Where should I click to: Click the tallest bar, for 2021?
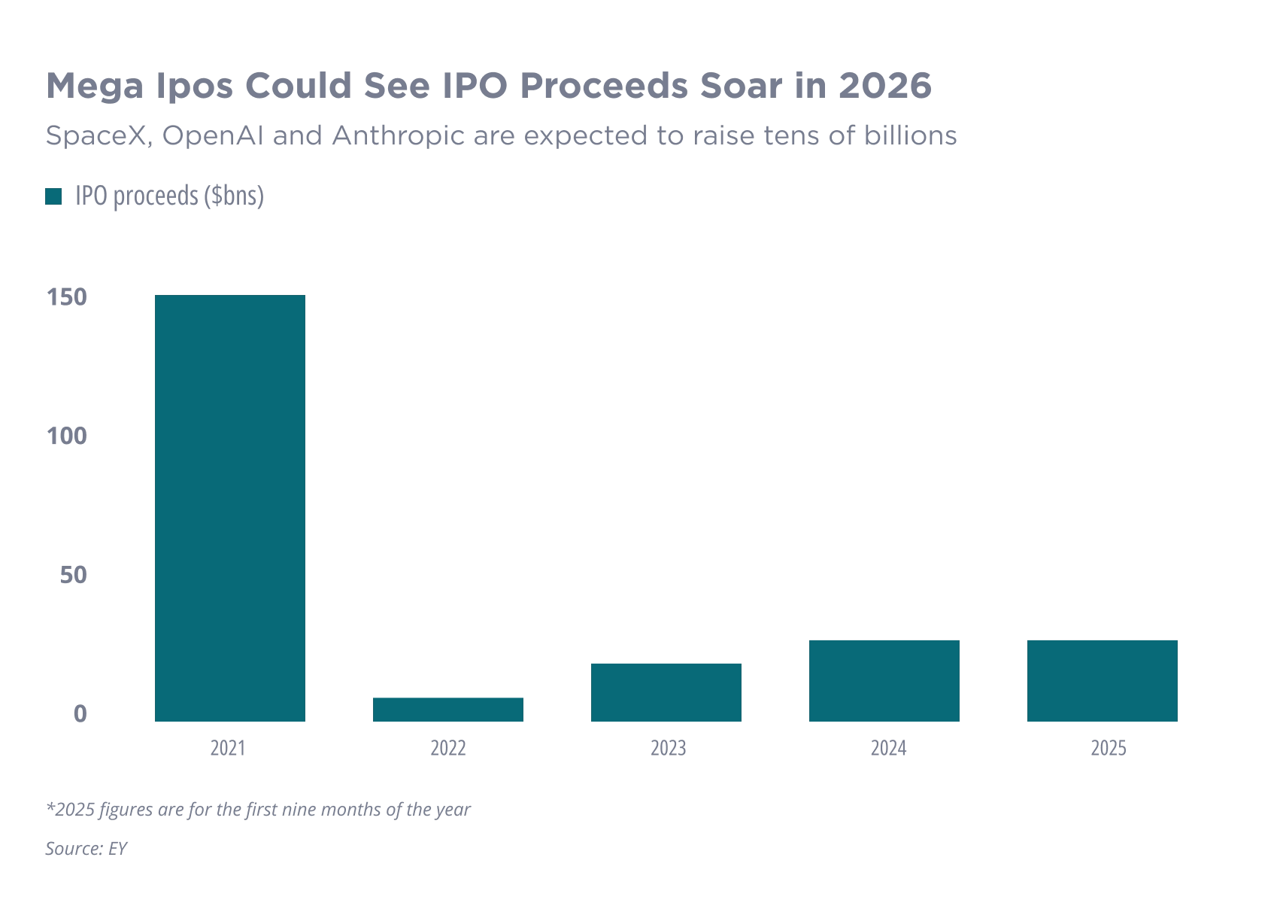[229, 508]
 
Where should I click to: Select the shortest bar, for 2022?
[448, 708]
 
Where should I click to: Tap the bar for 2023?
[667, 692]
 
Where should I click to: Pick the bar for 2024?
[884, 680]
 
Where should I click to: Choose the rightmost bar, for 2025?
[1100, 680]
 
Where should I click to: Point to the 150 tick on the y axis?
[69, 298]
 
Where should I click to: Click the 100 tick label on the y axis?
[69, 436]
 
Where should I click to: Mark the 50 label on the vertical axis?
[75, 575]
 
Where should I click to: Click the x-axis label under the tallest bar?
[229, 748]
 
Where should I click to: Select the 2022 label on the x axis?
[448, 748]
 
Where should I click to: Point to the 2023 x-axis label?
[667, 748]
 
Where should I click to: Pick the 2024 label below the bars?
[886, 748]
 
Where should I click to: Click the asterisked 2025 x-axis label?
[1109, 748]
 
